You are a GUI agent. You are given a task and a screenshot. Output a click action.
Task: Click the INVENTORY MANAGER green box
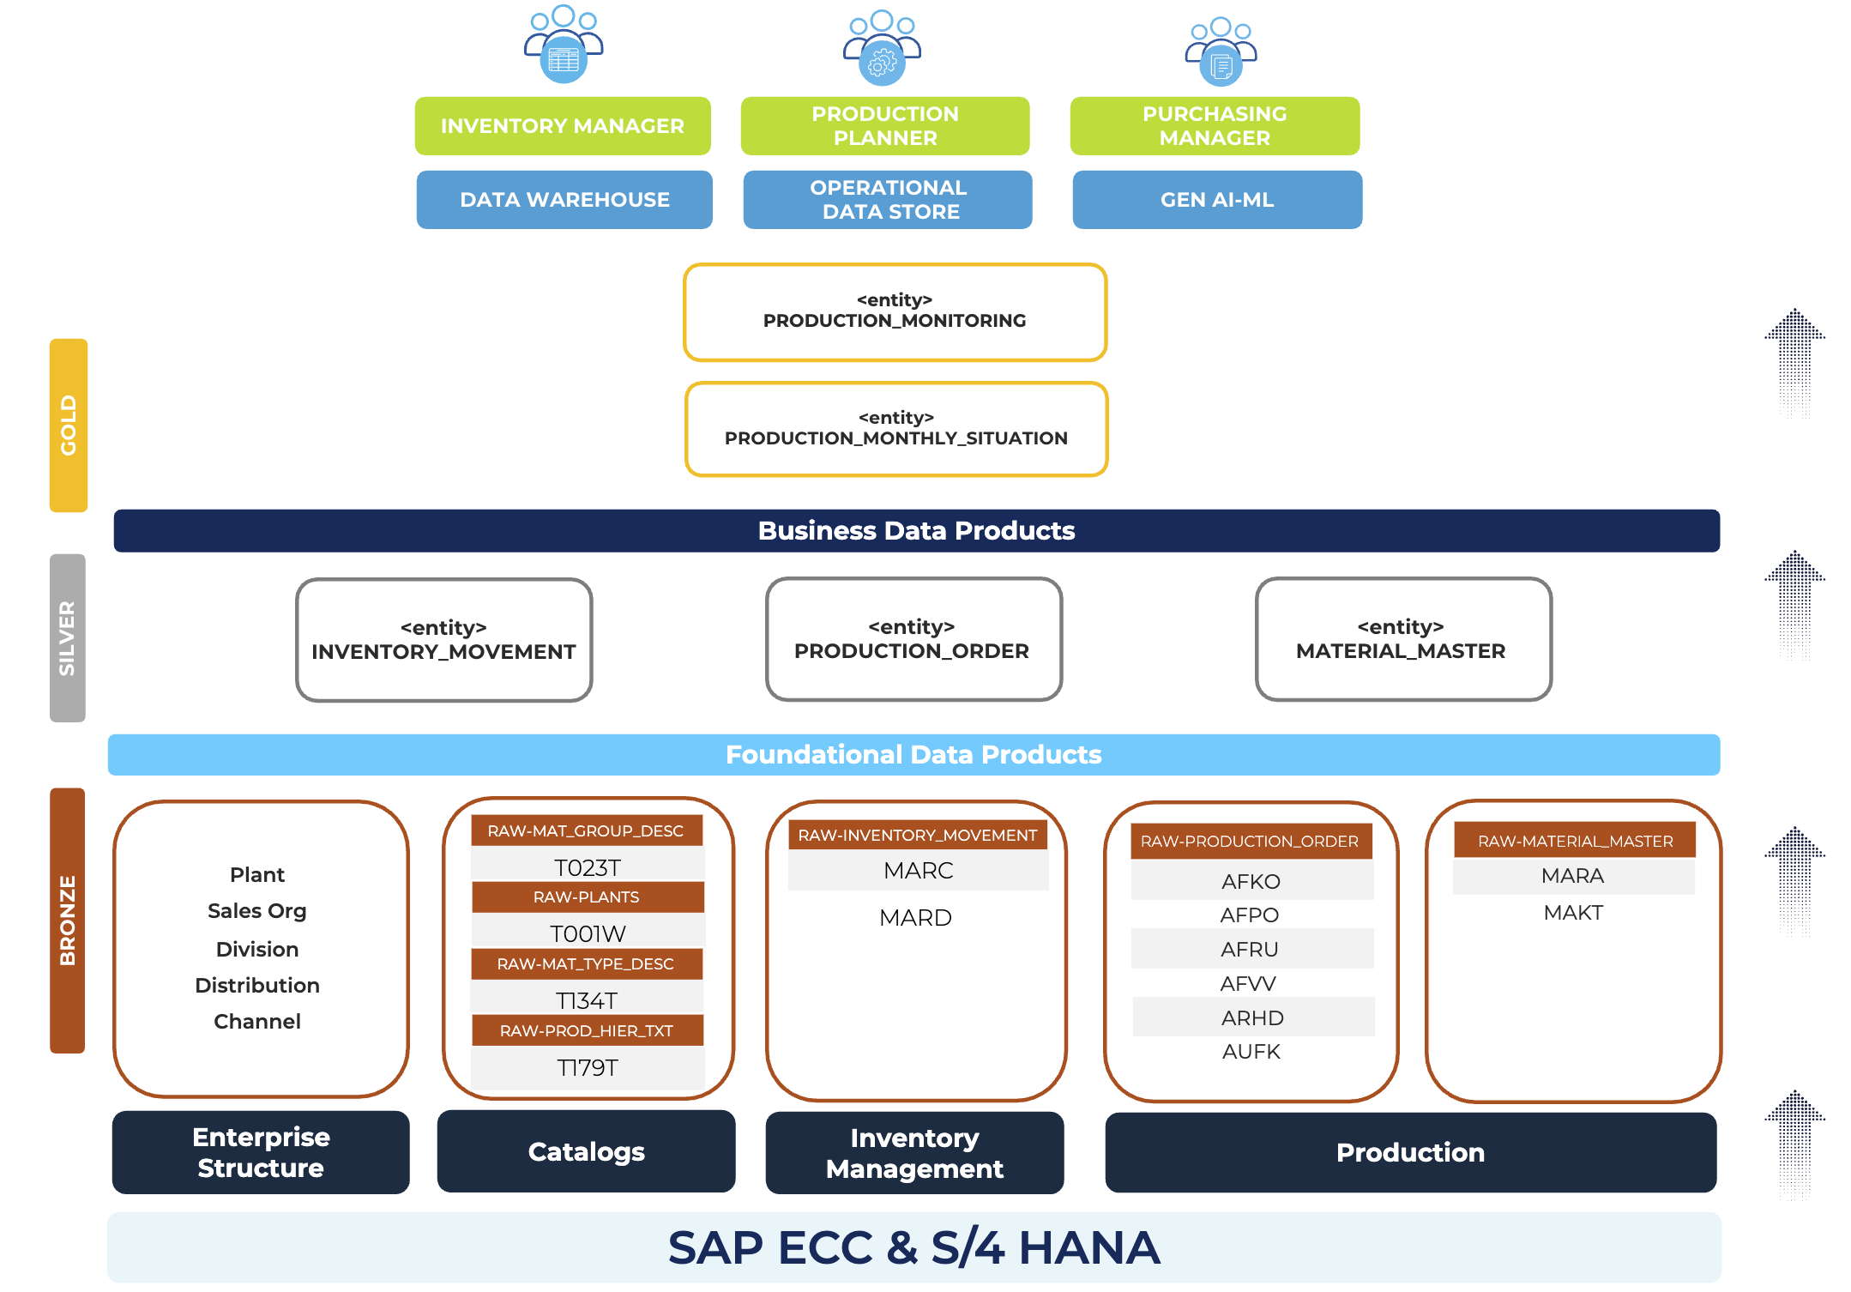[563, 126]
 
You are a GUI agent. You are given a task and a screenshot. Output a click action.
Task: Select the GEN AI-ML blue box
[1216, 200]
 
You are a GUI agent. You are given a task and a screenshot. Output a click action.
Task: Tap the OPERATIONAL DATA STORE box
[888, 200]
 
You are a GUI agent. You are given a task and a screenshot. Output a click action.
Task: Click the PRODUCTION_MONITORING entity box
[895, 312]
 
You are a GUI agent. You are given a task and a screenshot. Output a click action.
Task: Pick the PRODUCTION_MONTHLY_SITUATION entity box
[896, 429]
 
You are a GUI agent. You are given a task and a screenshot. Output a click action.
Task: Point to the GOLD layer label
[69, 426]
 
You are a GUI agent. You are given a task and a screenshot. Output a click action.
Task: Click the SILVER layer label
[68, 637]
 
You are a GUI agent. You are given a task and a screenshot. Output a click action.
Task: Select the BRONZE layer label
[68, 920]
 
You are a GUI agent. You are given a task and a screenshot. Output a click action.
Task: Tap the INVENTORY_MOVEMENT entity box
[443, 640]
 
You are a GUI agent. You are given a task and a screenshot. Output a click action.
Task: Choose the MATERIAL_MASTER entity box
[1402, 639]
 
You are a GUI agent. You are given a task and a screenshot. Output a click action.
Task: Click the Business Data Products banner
[916, 531]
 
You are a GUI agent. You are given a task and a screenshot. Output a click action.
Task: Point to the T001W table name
[588, 933]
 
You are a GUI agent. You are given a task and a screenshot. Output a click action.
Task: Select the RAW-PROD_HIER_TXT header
[587, 1030]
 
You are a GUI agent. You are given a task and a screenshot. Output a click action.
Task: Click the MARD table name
[915, 918]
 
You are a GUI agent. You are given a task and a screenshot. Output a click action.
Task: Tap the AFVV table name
[1248, 984]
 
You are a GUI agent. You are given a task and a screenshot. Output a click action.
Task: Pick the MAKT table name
[1573, 913]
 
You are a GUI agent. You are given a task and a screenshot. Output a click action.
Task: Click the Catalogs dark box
[586, 1151]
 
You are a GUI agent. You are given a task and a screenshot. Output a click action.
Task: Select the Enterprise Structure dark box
[261, 1152]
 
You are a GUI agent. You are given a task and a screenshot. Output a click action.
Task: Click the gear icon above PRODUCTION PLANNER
[882, 63]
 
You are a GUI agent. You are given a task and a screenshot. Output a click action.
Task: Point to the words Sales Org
[256, 911]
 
